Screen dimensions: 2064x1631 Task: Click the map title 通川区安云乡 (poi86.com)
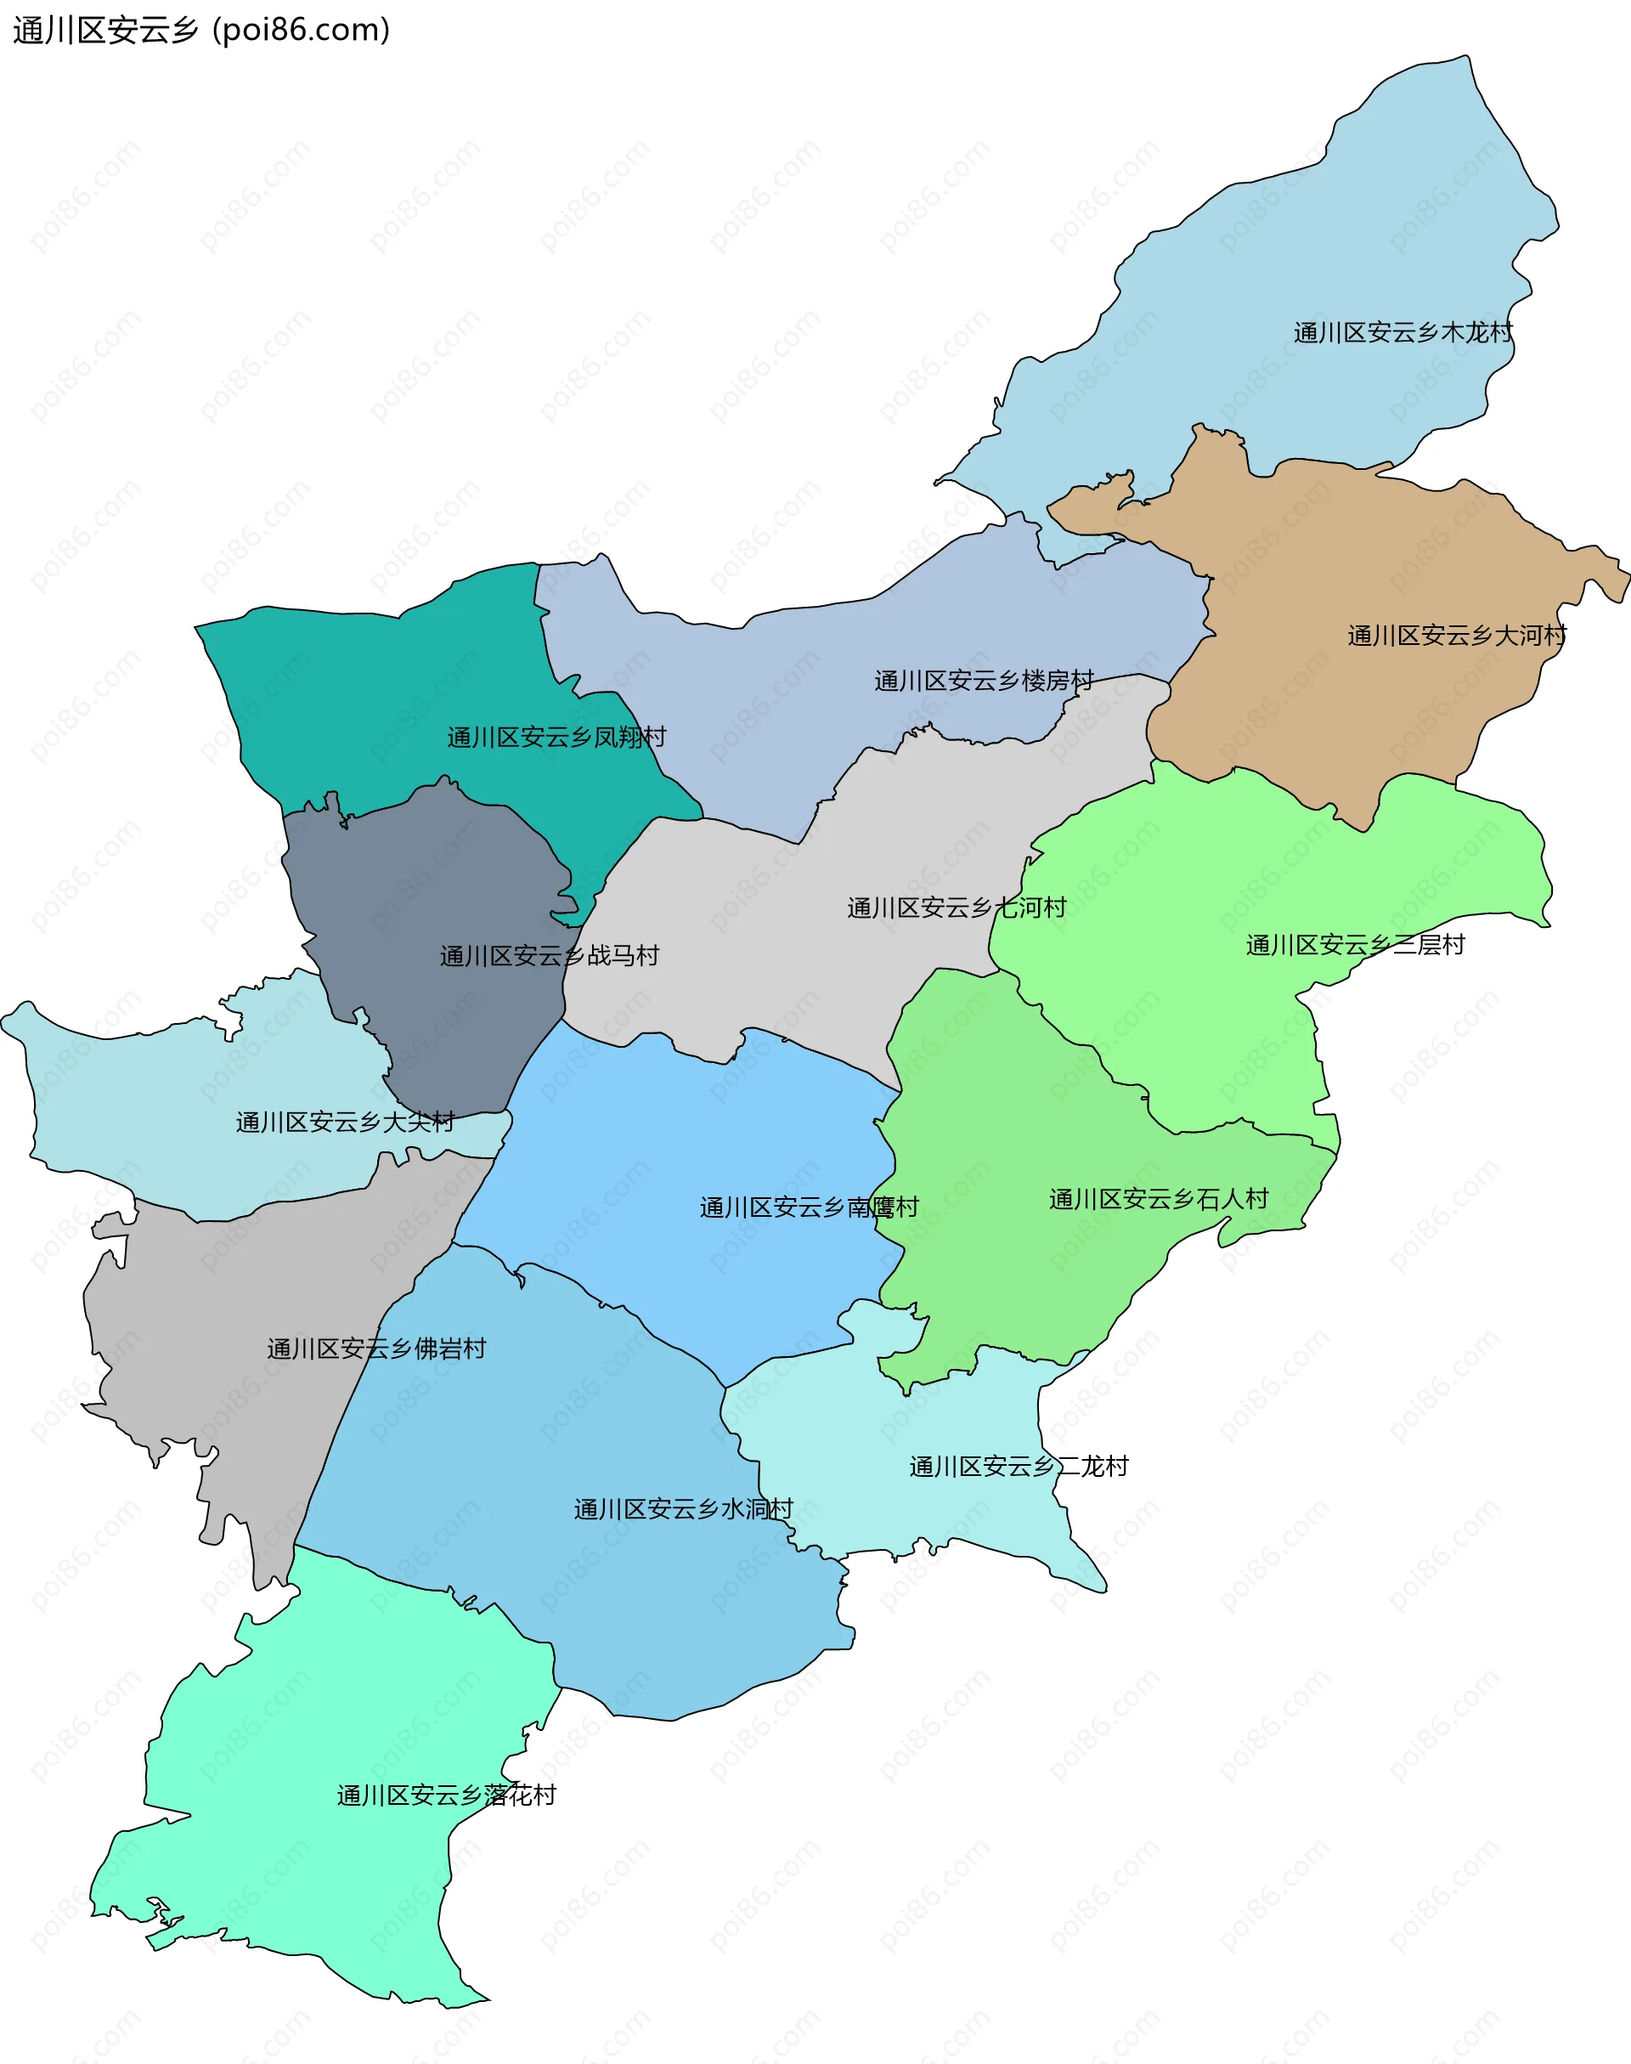(x=201, y=31)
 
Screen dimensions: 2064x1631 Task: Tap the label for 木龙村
(x=1402, y=332)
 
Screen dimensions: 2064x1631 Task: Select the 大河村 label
(x=1456, y=635)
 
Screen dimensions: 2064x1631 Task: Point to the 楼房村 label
(x=984, y=681)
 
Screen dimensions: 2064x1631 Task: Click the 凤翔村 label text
(x=556, y=738)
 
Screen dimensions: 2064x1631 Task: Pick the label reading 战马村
(x=549, y=956)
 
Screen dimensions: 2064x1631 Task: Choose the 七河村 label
(x=956, y=908)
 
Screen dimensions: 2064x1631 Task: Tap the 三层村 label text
(x=1355, y=946)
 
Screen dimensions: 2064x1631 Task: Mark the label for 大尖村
(x=345, y=1122)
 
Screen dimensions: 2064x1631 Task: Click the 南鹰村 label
(x=809, y=1208)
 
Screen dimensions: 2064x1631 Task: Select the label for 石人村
(x=1159, y=1200)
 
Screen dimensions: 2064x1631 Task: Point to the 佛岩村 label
(x=376, y=1349)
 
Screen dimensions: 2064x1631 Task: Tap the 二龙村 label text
(x=1018, y=1466)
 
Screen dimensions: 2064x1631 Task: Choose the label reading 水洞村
(x=683, y=1509)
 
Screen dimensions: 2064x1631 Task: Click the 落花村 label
(x=446, y=1795)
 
